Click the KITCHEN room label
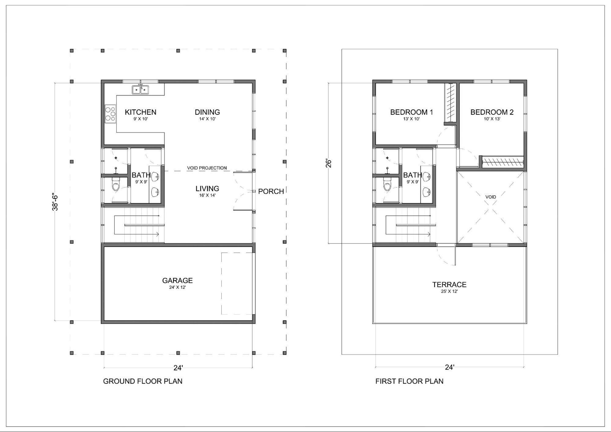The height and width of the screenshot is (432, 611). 141,112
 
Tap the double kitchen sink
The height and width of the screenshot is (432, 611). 141,90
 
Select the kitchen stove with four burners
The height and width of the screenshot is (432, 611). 110,114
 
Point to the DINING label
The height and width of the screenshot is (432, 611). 207,112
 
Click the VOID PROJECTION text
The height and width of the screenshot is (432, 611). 207,168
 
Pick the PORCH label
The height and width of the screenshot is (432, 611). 271,191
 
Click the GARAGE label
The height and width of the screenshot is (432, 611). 177,280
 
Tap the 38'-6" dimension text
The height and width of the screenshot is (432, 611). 55,202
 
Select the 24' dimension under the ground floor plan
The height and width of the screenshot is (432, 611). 178,368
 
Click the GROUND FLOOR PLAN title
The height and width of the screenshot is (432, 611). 143,381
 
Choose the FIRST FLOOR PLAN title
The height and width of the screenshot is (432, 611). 409,381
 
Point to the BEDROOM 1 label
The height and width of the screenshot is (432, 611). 411,112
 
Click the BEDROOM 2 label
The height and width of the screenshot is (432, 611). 492,112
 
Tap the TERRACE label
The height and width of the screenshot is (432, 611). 449,285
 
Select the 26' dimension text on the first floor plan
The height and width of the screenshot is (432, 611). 328,163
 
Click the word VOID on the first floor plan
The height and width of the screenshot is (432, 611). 491,197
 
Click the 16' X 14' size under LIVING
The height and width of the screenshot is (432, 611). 207,195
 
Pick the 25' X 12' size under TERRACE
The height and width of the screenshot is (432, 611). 449,291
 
